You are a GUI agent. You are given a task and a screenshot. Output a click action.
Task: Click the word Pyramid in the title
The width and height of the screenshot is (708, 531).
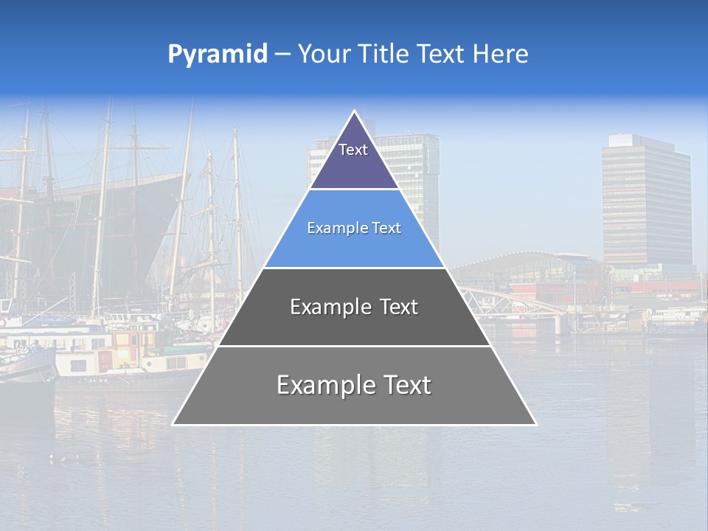(x=217, y=55)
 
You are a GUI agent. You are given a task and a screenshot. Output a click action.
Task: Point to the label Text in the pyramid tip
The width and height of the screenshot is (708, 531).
(x=353, y=150)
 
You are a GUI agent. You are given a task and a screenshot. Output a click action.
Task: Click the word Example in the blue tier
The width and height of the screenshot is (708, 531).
(x=332, y=229)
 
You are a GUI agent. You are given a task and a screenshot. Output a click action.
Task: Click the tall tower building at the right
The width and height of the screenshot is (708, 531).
(x=646, y=199)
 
